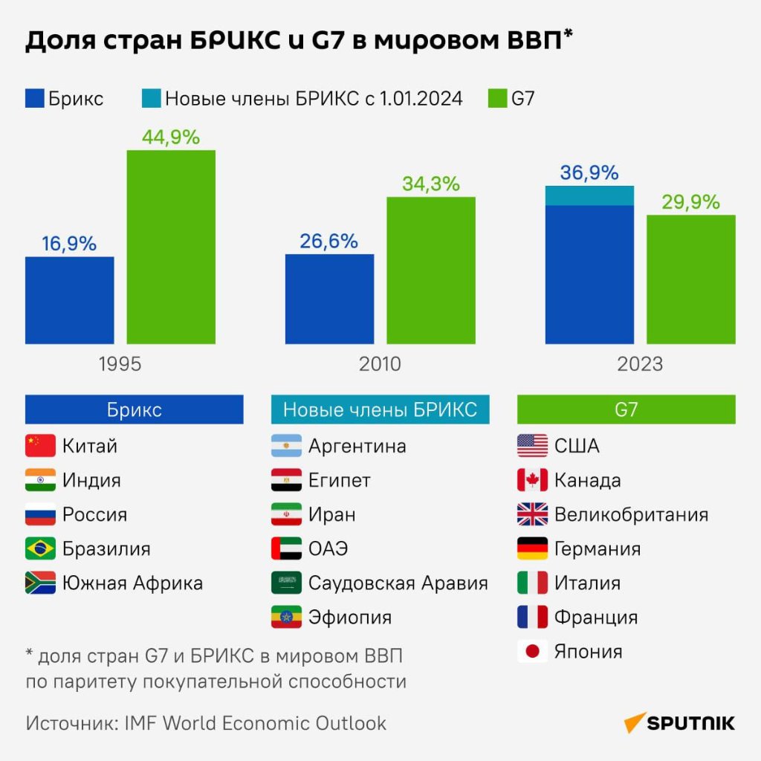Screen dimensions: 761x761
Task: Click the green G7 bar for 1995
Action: coord(171,247)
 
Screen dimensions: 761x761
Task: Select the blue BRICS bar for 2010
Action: coord(330,299)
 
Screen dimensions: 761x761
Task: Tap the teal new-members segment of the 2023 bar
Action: coord(589,195)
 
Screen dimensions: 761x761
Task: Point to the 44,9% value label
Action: coord(171,137)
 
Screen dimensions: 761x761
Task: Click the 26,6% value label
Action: coord(329,242)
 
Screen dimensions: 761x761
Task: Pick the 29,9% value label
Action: coord(691,202)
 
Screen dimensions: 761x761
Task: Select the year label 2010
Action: coord(380,364)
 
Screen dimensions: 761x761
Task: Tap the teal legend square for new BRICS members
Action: coord(151,98)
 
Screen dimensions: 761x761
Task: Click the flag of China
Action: coord(40,446)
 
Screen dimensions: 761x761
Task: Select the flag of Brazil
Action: coord(40,548)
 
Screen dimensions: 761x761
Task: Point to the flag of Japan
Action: coord(532,652)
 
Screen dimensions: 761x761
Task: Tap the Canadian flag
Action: coord(532,480)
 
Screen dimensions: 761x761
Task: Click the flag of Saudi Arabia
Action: coord(286,583)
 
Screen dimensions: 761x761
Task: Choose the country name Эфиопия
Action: coord(349,617)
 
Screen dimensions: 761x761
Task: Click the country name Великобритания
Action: coord(631,514)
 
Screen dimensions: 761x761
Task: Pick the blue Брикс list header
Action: coord(135,409)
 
